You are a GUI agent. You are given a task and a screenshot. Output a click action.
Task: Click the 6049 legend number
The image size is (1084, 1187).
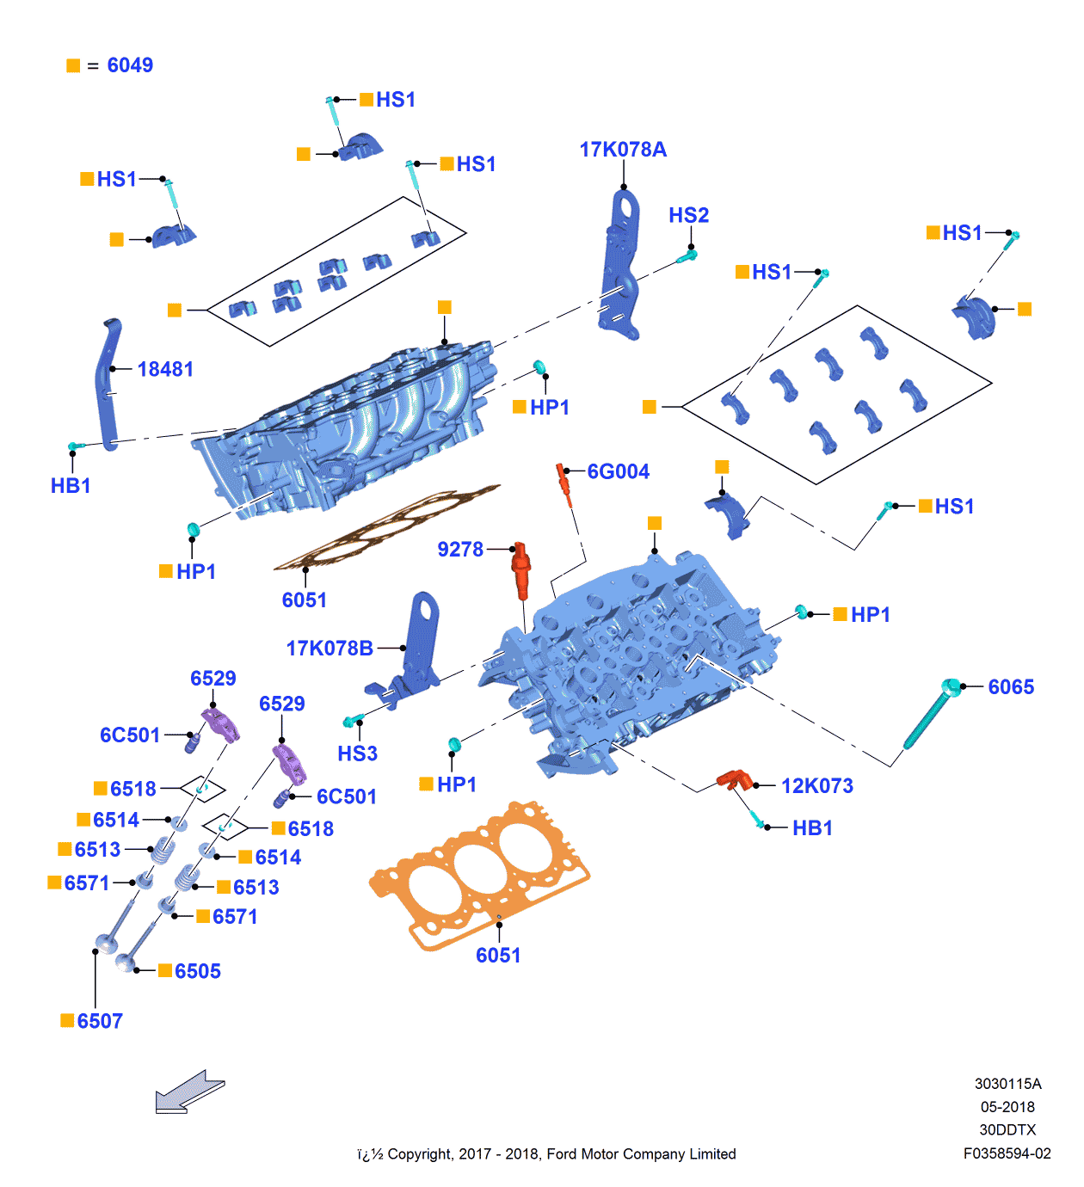coord(130,65)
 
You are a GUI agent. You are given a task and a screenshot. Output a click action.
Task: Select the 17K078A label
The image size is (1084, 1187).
coord(623,150)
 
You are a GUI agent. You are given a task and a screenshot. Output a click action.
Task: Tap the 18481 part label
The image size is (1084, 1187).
coord(165,369)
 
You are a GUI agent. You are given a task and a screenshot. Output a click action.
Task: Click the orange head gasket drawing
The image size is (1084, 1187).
coord(479,873)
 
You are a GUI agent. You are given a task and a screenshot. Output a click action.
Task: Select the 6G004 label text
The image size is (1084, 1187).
coord(618,471)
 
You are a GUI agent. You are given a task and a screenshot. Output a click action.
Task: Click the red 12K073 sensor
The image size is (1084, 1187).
coord(731,779)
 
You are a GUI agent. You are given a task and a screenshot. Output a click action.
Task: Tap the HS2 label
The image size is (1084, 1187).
coord(688,215)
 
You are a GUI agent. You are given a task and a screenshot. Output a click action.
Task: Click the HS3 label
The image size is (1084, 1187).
coord(357,753)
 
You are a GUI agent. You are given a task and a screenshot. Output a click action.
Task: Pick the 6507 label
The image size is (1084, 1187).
coord(100,1021)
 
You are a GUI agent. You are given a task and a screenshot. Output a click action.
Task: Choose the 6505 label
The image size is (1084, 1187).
coord(198,971)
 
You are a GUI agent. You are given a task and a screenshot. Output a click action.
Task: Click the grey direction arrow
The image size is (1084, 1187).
coord(188,1092)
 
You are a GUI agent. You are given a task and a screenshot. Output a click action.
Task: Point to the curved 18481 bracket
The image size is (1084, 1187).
coord(108,383)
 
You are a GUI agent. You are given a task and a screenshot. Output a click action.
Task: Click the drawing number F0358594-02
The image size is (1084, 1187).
coord(1007,1153)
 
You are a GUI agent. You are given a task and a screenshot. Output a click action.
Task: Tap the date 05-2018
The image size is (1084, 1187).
coord(1007,1107)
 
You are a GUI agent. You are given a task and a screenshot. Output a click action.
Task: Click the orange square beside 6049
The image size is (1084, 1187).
coord(73,65)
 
